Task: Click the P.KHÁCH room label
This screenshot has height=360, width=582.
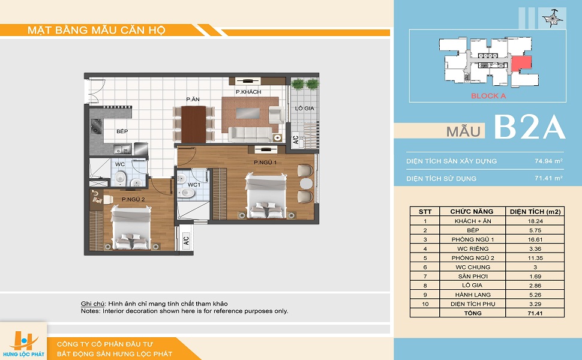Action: tap(248, 92)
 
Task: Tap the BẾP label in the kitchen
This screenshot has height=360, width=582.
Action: tap(122, 131)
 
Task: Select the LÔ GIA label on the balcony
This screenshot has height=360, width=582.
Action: tap(304, 109)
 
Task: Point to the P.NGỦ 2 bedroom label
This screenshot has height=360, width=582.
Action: tap(133, 199)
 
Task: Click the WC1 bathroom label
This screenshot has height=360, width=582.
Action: tap(194, 185)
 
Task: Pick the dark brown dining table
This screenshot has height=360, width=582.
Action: tap(193, 124)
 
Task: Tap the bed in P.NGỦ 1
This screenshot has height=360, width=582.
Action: tap(266, 196)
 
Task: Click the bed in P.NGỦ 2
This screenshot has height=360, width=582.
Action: tap(131, 227)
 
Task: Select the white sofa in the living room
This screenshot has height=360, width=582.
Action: tap(250, 134)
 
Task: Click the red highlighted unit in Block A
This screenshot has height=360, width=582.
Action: tap(521, 64)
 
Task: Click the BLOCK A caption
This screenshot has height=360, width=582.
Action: tap(488, 96)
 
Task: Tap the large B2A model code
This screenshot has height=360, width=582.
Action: tap(530, 127)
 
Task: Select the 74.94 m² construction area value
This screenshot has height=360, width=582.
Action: tap(548, 161)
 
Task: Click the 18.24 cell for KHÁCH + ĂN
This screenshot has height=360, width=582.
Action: tap(535, 221)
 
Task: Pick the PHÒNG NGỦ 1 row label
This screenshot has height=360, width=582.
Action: tap(473, 239)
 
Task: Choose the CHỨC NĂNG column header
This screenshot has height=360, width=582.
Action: tap(472, 212)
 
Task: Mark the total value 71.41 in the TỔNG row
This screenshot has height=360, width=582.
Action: tap(535, 313)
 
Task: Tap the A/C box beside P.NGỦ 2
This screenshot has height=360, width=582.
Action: tap(187, 240)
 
